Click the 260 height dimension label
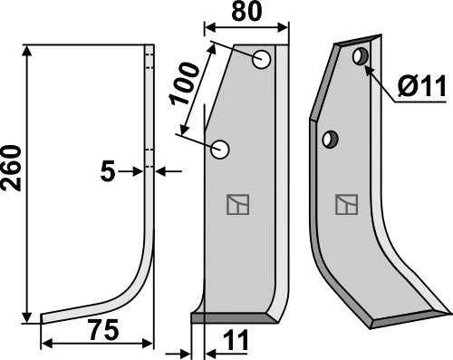[x=11, y=170]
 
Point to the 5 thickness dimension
[x=108, y=170]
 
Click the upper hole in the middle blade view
[x=262, y=61]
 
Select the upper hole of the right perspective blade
[x=361, y=57]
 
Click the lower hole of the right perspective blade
[x=331, y=139]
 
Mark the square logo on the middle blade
[x=238, y=205]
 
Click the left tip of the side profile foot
[x=44, y=318]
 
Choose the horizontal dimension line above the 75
[x=95, y=344]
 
